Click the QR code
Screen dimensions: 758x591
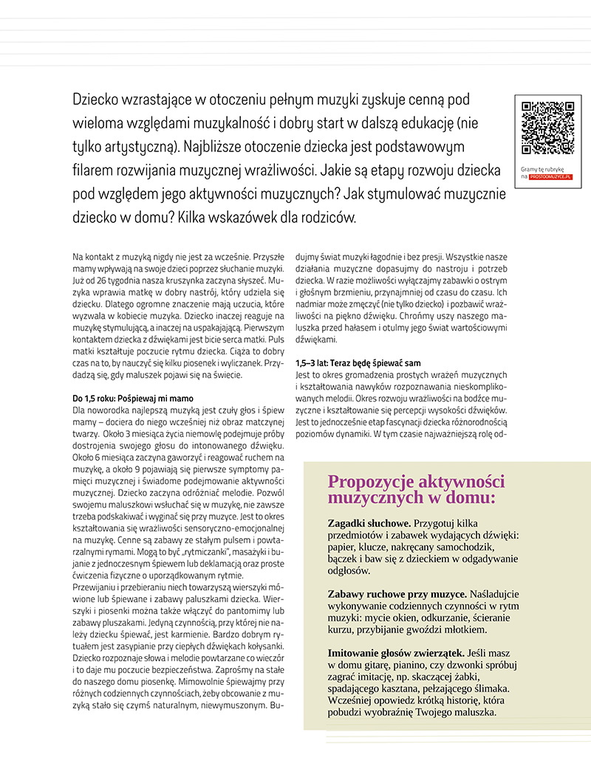coord(547,128)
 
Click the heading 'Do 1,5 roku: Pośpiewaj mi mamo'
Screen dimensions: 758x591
coord(133,398)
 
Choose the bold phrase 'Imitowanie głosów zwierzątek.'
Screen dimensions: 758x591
coord(396,652)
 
